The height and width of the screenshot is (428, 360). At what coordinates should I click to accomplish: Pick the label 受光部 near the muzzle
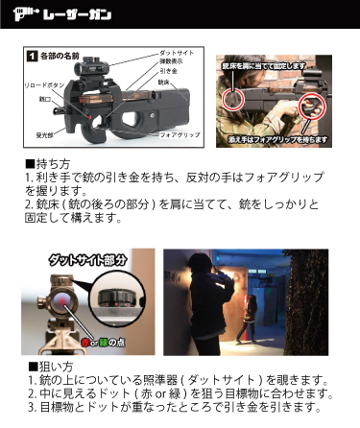point(44,134)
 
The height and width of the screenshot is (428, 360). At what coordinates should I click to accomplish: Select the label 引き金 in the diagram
point(168,71)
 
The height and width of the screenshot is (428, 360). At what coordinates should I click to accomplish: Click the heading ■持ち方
point(48,164)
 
